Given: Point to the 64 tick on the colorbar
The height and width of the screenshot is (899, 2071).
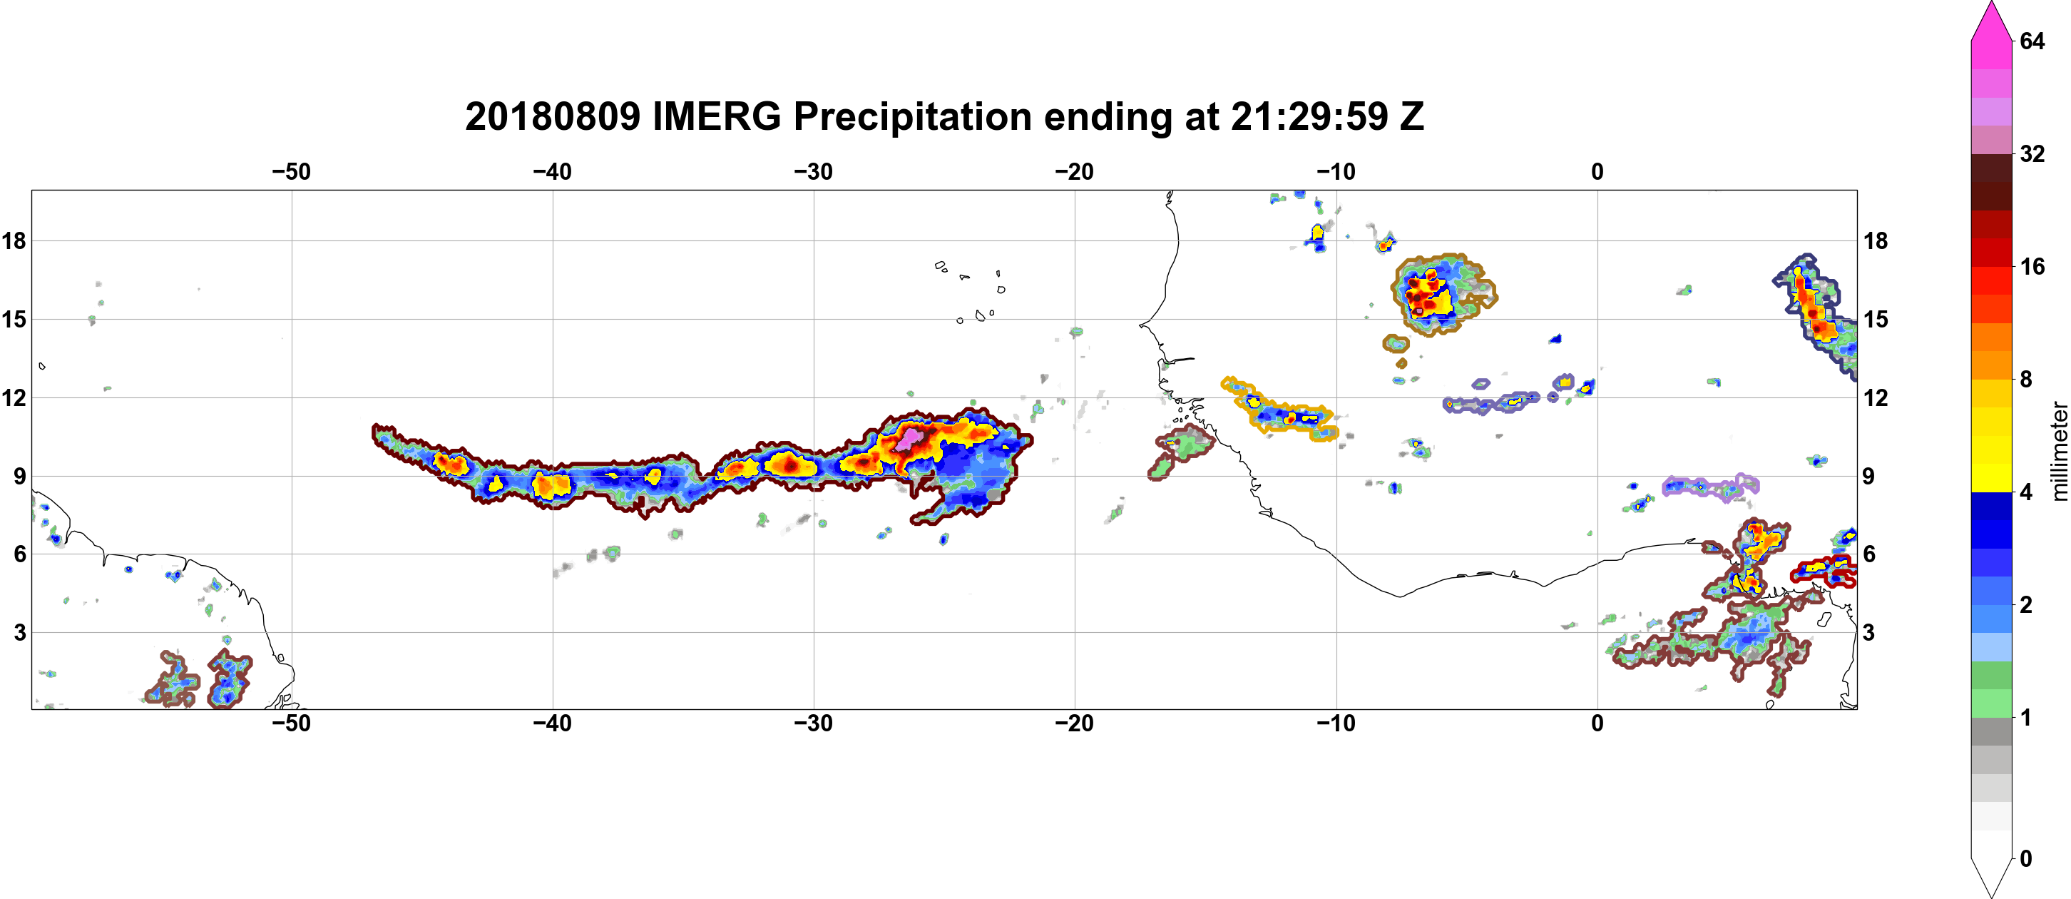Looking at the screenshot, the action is pos(2032,41).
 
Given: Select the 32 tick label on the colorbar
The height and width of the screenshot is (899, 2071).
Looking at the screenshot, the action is pos(2032,153).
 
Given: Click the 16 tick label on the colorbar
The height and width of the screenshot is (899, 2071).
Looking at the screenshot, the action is pos(2032,266).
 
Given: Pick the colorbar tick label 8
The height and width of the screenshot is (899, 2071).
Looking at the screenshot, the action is pos(2026,379).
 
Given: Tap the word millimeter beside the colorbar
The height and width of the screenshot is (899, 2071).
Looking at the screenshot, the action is pos(2059,451).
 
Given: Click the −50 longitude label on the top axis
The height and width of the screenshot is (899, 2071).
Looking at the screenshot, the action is pos(291,171).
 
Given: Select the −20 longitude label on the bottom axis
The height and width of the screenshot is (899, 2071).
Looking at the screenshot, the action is pos(1075,723).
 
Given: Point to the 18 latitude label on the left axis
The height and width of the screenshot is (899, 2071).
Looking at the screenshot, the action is pos(14,240).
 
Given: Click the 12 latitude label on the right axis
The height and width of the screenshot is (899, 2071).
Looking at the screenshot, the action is pos(1876,397).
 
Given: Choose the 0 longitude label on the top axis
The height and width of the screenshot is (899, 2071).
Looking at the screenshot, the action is pos(1597,171).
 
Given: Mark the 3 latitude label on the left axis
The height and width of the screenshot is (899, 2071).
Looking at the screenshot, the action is pos(19,632).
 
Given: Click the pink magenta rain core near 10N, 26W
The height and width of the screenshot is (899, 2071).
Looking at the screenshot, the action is pos(910,438).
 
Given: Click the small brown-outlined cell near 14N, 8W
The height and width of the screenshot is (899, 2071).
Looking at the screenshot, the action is pos(1396,343).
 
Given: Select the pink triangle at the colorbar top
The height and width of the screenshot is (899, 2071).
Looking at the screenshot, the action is pos(1991,20).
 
